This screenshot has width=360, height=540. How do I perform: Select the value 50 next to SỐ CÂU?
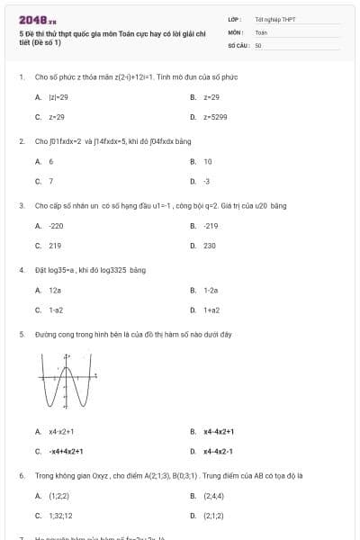point(258,44)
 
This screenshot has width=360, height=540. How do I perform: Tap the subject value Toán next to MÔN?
point(261,31)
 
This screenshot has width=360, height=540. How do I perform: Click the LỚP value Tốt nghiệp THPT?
point(274,19)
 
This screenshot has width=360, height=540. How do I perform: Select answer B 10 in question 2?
point(208,161)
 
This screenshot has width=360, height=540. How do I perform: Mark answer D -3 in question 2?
point(207,182)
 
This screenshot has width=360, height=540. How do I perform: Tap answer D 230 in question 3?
point(209,245)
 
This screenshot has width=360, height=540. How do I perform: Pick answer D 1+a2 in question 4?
point(211,310)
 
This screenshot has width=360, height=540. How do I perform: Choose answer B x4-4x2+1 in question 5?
point(219,431)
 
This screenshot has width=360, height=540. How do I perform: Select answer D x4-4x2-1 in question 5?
point(218,451)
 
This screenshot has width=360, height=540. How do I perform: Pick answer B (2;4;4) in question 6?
point(213,496)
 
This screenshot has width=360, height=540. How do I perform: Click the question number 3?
point(21,205)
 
